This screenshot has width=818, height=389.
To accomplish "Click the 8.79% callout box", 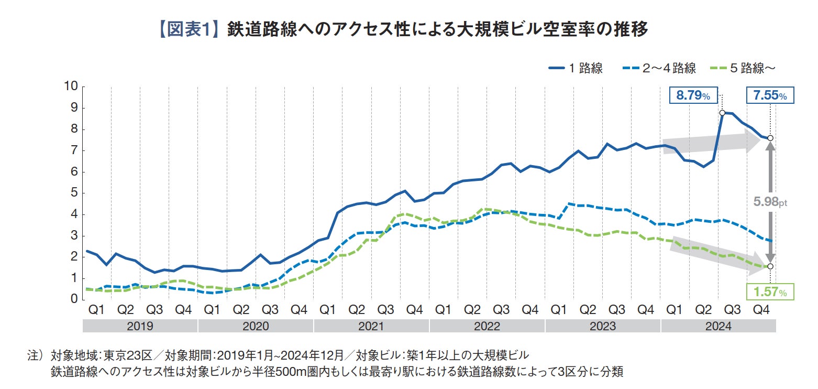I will tap(692, 96).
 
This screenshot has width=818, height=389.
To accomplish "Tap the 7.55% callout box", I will tap(769, 96).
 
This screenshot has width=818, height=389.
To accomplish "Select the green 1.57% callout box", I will tap(769, 292).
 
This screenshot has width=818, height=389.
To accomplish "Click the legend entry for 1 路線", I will tap(576, 68).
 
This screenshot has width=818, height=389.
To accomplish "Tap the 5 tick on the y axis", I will tap(74, 193).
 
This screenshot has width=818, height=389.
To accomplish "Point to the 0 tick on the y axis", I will tap(74, 299).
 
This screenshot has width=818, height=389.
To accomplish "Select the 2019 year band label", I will tap(140, 326).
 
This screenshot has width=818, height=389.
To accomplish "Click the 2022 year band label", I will tap(487, 326).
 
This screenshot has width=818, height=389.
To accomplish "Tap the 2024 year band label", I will tap(718, 326).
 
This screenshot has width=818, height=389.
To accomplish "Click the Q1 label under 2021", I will tap(328, 310).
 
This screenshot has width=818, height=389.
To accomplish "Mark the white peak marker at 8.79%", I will tap(722, 113).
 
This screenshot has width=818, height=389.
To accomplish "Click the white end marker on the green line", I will tap(770, 266).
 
